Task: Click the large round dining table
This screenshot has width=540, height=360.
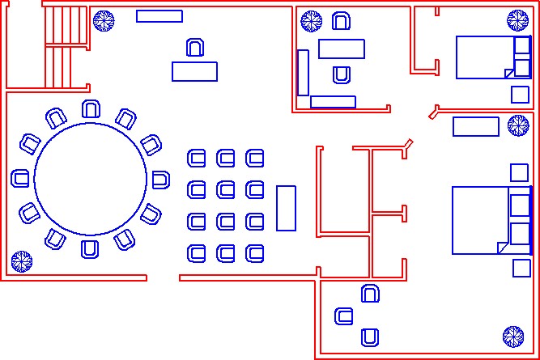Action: coord(90,180)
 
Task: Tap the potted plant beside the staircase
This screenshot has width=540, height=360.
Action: coord(103,21)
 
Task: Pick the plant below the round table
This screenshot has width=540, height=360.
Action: coord(21,260)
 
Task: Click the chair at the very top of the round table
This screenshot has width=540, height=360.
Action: coord(91,108)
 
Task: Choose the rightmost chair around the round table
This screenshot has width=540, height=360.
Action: coord(160,180)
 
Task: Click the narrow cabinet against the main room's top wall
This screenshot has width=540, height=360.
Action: coord(159,16)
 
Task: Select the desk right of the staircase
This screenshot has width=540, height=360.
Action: coord(194,71)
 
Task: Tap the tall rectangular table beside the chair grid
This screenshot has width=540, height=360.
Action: coord(286,208)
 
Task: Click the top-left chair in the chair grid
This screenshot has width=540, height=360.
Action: coord(197,158)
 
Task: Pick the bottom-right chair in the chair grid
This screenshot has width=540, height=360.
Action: coord(255,253)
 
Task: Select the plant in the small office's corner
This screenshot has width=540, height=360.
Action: coord(312,21)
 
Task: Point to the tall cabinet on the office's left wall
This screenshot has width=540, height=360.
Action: coord(303,73)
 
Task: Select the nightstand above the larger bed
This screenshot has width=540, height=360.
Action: coord(519,172)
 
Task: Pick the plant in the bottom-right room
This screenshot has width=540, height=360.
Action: coord(512,336)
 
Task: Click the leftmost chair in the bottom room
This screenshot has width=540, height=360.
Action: coord(344,316)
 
